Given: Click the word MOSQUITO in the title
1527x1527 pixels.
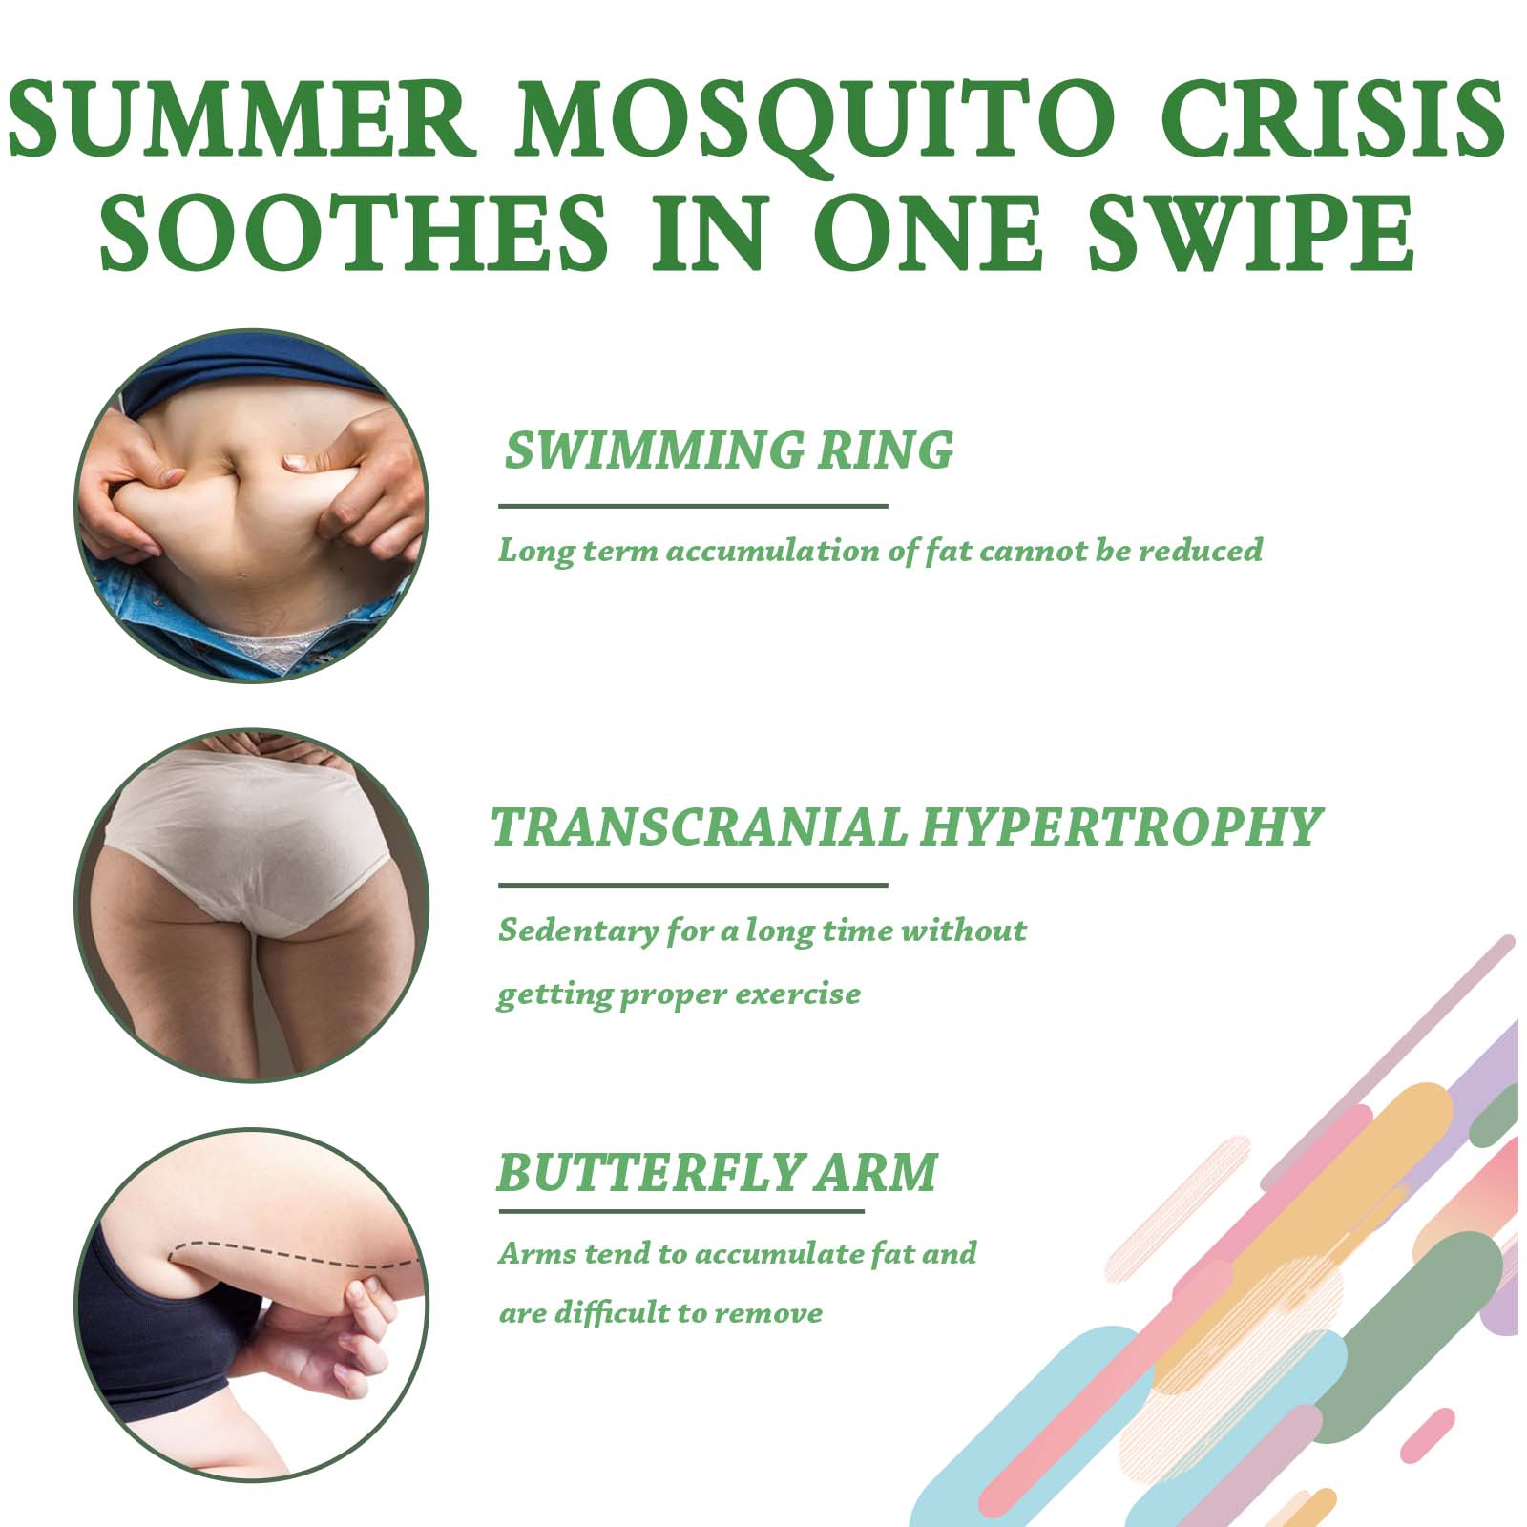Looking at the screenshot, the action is (x=815, y=124).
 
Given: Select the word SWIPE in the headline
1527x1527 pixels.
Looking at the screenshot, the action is (x=1251, y=233).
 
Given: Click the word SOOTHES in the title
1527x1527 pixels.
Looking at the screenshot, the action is (x=354, y=233).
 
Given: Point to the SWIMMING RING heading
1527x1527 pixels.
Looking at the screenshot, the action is (x=729, y=450).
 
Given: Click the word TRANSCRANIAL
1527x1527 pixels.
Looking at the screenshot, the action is (x=699, y=826).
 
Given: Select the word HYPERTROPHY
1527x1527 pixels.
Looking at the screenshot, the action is (x=1120, y=828).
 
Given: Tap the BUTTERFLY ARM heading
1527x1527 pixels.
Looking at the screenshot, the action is (x=718, y=1174).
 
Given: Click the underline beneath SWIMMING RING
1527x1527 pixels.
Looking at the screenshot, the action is (x=693, y=506).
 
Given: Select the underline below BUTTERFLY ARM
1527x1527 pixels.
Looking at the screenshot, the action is (x=681, y=1212).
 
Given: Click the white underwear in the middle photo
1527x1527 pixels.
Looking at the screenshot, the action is (x=243, y=840).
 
